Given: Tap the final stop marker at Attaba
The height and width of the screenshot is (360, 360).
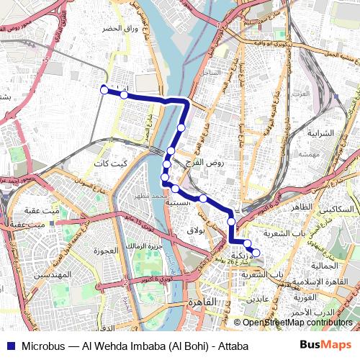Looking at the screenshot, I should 255,252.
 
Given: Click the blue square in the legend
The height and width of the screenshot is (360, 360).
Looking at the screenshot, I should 9,346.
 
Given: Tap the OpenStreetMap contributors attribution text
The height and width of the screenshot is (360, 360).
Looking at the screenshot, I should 297,323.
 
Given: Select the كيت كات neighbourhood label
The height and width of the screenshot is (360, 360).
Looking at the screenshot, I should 110,163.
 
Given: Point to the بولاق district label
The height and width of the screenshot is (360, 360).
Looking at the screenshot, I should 195,230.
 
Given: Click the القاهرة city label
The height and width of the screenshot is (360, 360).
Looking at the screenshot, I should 204,302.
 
